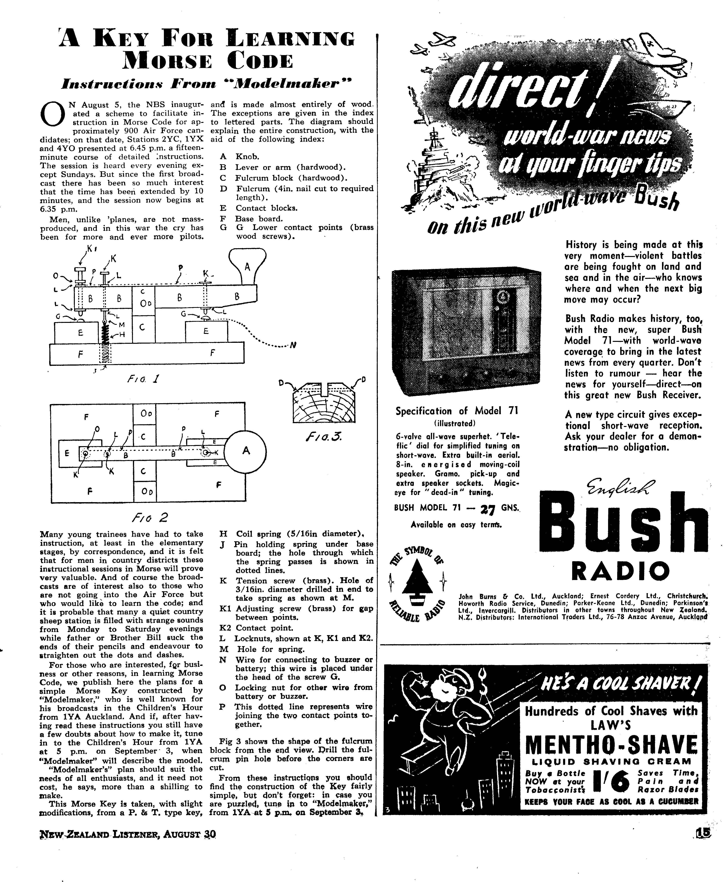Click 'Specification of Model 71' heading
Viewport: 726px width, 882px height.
tap(457, 411)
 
